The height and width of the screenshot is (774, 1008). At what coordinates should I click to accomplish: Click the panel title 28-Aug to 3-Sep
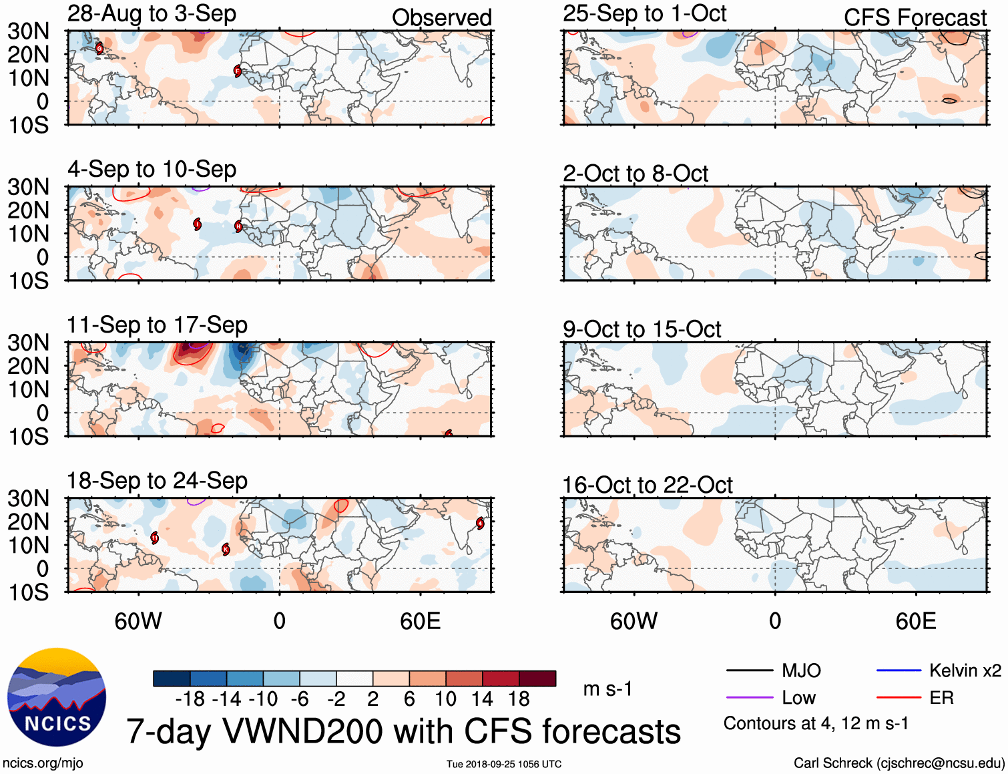click(152, 14)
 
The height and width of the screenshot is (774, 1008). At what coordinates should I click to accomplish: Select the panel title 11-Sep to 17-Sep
click(157, 325)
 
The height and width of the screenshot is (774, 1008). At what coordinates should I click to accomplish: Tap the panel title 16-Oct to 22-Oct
click(648, 486)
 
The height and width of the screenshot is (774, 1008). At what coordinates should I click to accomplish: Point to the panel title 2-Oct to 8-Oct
click(635, 174)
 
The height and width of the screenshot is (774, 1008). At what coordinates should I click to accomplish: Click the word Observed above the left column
click(441, 18)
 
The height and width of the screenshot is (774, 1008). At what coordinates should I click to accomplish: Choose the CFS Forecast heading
click(915, 18)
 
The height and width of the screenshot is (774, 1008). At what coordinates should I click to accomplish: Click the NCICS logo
click(57, 697)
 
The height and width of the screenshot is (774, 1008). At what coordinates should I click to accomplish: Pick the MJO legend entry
click(801, 670)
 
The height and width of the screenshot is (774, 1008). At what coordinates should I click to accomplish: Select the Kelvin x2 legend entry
click(965, 670)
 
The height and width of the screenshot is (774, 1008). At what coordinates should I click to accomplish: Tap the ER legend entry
click(941, 698)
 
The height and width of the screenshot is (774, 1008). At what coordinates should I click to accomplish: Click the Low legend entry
click(798, 698)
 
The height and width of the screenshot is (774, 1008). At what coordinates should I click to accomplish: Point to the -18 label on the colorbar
click(190, 699)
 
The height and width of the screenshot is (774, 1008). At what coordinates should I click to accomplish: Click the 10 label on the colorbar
click(445, 699)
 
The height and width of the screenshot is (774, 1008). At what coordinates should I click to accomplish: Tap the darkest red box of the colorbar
click(537, 679)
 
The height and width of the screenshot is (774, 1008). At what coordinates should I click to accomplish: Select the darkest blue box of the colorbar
click(172, 679)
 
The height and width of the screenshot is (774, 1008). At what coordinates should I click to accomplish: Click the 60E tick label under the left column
click(420, 621)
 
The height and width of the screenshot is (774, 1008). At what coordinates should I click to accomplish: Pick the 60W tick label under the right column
click(634, 621)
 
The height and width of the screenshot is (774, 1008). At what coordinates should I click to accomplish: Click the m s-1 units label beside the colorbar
click(607, 689)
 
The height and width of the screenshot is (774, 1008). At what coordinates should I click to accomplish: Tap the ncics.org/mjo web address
click(43, 763)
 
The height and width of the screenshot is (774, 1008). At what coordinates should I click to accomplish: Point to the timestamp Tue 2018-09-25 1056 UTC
click(504, 764)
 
